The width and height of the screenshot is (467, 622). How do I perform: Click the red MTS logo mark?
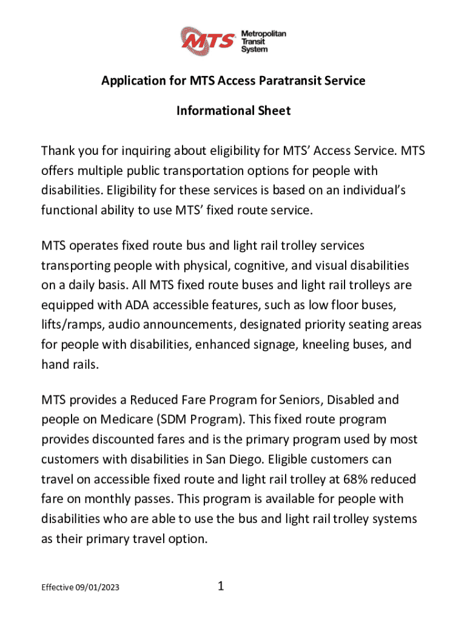point(210,41)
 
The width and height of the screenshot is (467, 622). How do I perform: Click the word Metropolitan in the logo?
point(264,34)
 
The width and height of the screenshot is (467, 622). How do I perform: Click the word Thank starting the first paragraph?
point(59,150)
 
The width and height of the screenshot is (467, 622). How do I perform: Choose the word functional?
point(71,210)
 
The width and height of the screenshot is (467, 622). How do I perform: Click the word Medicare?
point(116,420)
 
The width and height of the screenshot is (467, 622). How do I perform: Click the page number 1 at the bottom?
point(221,586)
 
